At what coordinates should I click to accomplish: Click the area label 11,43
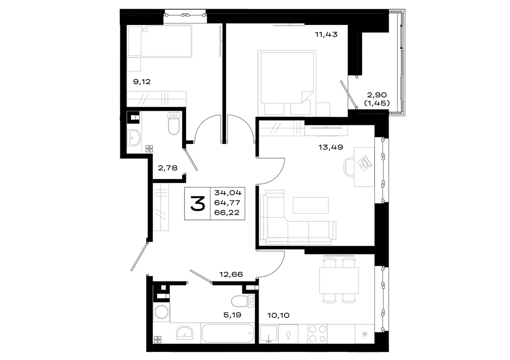tap(326, 34)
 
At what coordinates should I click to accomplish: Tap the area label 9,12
tap(142, 82)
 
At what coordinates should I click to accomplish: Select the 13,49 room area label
tap(331, 147)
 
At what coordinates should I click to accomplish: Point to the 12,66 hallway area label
tap(231, 274)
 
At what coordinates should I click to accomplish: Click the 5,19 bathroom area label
tap(232, 315)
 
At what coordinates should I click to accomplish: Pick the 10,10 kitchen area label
tap(278, 315)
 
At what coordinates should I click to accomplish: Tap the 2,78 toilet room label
tap(168, 168)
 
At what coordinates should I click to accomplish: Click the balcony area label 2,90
tap(377, 95)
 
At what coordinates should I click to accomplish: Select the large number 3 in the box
tap(197, 204)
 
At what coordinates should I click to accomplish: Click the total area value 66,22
tap(227, 213)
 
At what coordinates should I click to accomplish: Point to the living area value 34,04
tap(227, 193)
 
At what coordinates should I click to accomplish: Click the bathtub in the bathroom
tap(227, 333)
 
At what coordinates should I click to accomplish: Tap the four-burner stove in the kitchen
tap(317, 333)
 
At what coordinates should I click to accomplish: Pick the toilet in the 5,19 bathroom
tap(243, 301)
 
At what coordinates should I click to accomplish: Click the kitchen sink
tap(268, 333)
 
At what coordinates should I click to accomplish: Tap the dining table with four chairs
tap(339, 280)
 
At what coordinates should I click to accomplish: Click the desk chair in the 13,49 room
tap(349, 167)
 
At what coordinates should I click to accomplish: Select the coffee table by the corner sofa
tap(311, 205)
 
